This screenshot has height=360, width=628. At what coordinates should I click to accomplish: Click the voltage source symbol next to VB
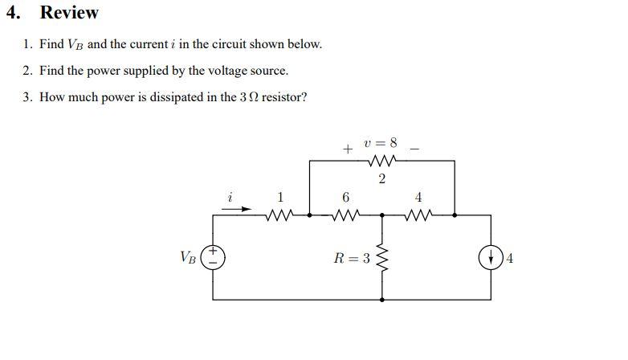coord(213,257)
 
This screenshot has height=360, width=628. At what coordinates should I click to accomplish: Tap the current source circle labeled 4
coord(490,258)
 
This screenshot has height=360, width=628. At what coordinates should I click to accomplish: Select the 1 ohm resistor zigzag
coord(279,215)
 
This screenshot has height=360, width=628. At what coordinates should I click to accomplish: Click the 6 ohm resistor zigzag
coord(345,215)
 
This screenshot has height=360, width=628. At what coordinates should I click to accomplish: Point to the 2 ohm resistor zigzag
coord(381,160)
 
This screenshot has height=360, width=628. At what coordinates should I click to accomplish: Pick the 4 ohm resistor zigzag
coord(418,215)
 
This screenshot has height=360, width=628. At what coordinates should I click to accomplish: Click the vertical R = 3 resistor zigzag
coord(381,258)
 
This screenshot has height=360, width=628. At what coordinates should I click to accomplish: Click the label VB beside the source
coord(187,258)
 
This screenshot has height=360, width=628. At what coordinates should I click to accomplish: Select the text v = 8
coord(381,144)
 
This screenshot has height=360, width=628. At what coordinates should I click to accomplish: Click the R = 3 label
coord(352,258)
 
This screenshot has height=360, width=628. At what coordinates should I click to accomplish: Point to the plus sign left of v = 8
coord(347,149)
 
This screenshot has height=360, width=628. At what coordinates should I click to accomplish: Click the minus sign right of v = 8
coord(414,148)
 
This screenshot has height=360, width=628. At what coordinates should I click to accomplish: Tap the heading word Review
coord(69,13)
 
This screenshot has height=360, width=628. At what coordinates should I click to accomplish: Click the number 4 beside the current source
coord(510,258)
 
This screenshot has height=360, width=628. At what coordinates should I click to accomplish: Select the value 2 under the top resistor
coord(381,178)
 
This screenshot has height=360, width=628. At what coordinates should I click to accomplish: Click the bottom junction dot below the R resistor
coord(381,299)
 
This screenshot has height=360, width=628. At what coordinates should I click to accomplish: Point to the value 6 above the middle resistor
coord(345,197)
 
